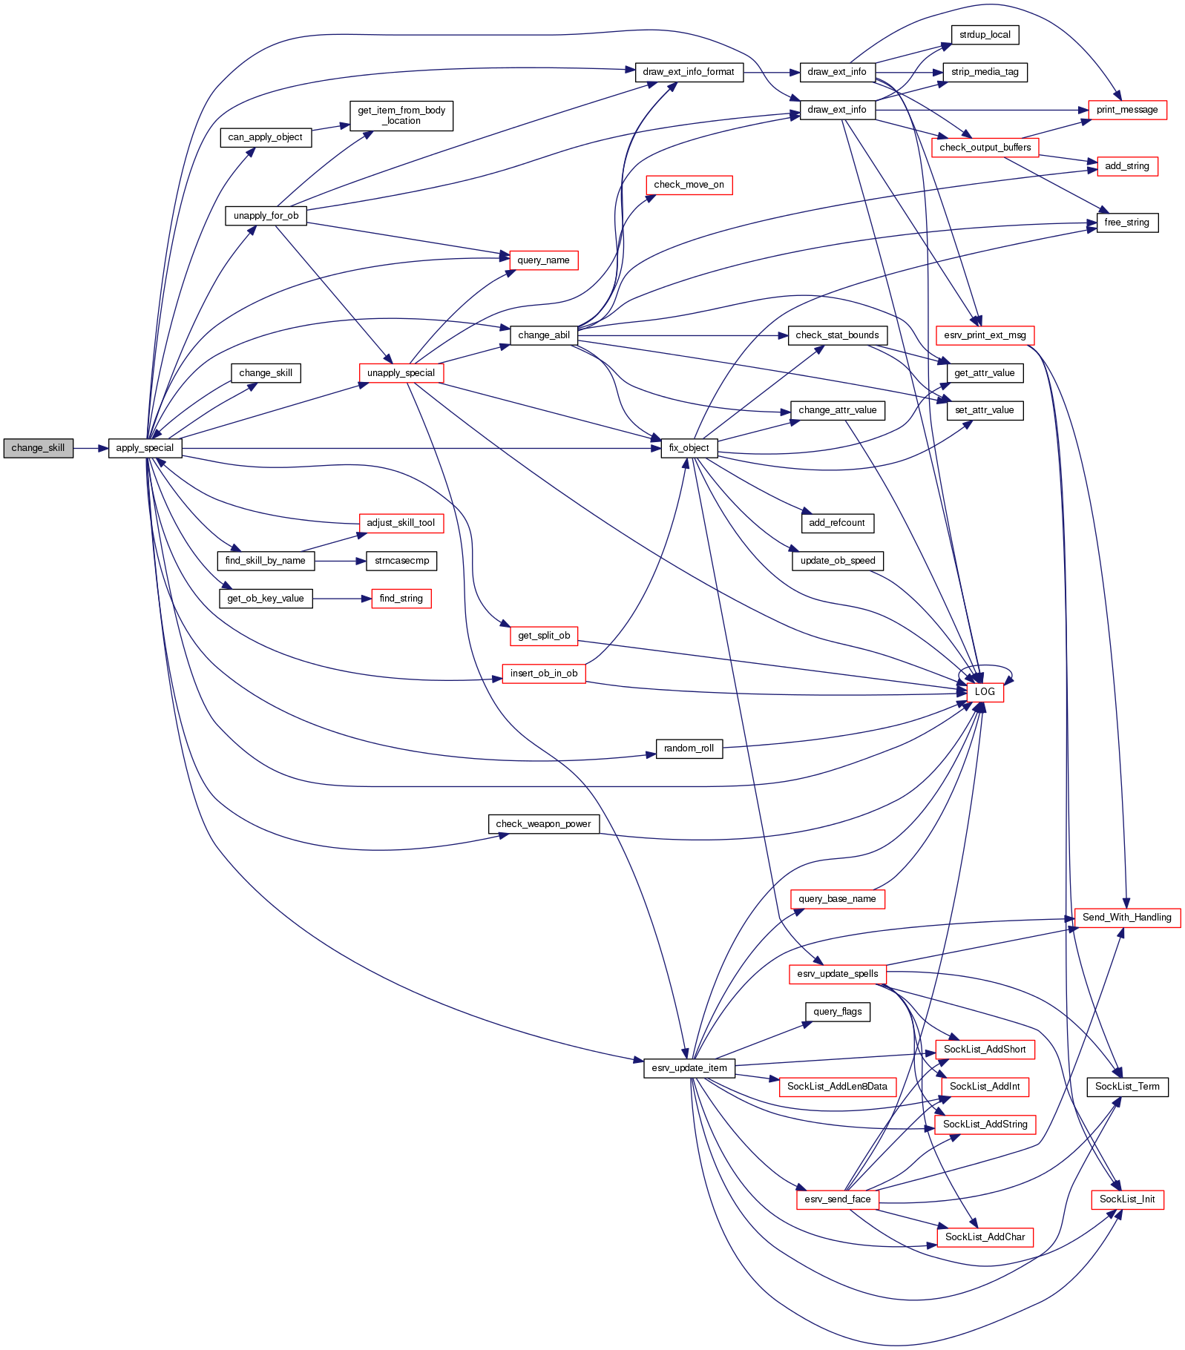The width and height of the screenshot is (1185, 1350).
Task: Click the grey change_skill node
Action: (x=38, y=448)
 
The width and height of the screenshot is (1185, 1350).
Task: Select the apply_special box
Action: (x=145, y=448)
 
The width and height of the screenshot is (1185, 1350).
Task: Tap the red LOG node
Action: (x=985, y=692)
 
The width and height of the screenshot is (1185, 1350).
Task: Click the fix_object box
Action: (x=689, y=448)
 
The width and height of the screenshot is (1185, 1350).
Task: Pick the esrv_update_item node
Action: (x=689, y=1068)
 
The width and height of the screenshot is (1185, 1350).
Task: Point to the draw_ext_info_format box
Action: (x=689, y=72)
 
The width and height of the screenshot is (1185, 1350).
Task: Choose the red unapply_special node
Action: (x=401, y=373)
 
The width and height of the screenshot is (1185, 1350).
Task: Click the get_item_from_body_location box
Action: (x=401, y=116)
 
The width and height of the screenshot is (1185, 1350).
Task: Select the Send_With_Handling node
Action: (x=1126, y=918)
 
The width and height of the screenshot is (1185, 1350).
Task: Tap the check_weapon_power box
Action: (x=543, y=824)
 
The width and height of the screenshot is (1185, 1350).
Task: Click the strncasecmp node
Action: (x=401, y=561)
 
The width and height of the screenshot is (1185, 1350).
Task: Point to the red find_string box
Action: (x=401, y=599)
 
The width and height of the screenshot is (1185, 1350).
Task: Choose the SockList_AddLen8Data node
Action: (x=837, y=1087)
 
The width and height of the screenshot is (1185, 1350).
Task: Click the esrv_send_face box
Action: (x=837, y=1199)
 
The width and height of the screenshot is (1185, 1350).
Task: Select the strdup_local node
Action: (x=985, y=35)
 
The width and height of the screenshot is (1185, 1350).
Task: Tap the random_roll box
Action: (x=689, y=748)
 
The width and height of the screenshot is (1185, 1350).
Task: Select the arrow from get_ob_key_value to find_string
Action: (x=341, y=599)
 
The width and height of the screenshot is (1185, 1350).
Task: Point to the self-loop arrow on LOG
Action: (x=994, y=667)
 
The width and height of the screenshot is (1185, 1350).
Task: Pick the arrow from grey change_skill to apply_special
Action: (x=91, y=448)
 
